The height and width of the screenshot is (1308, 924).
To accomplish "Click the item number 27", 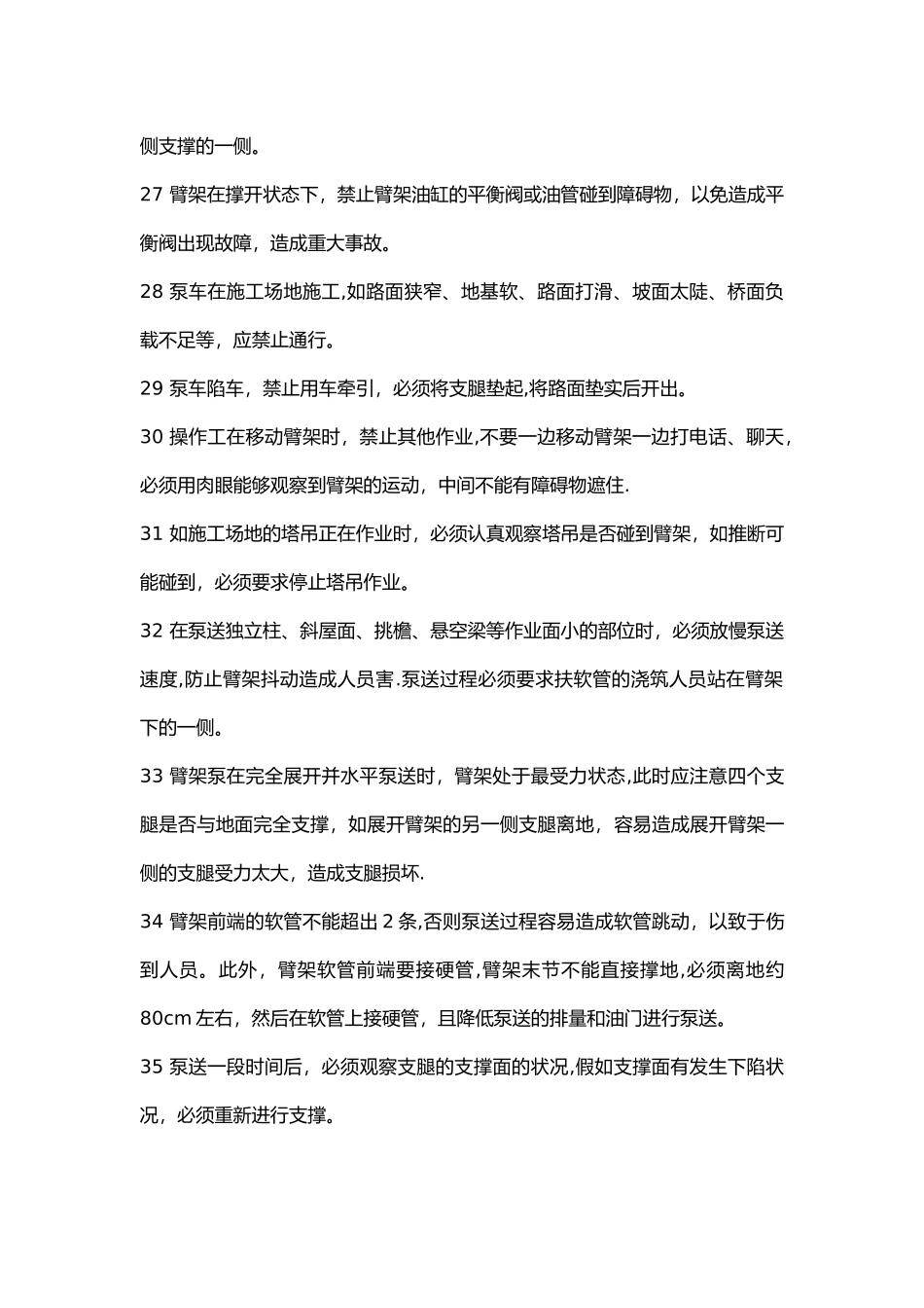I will coord(151,195).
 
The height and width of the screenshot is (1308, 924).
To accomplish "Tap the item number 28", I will coord(151,292).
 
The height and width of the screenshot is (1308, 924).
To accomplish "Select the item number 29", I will coord(151,389).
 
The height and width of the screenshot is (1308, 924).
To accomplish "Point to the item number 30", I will coord(151,437).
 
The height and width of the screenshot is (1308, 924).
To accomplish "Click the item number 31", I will coord(151,534).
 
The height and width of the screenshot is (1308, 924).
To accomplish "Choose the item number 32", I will coord(151,631).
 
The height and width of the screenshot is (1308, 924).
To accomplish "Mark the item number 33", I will coord(151,777).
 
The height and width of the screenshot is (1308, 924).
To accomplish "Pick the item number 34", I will coord(151,922).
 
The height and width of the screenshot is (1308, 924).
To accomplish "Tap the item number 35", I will coord(151,1067).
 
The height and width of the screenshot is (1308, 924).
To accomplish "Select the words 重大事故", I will coord(341,243).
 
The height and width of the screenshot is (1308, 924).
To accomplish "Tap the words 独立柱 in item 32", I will coord(248,631).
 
